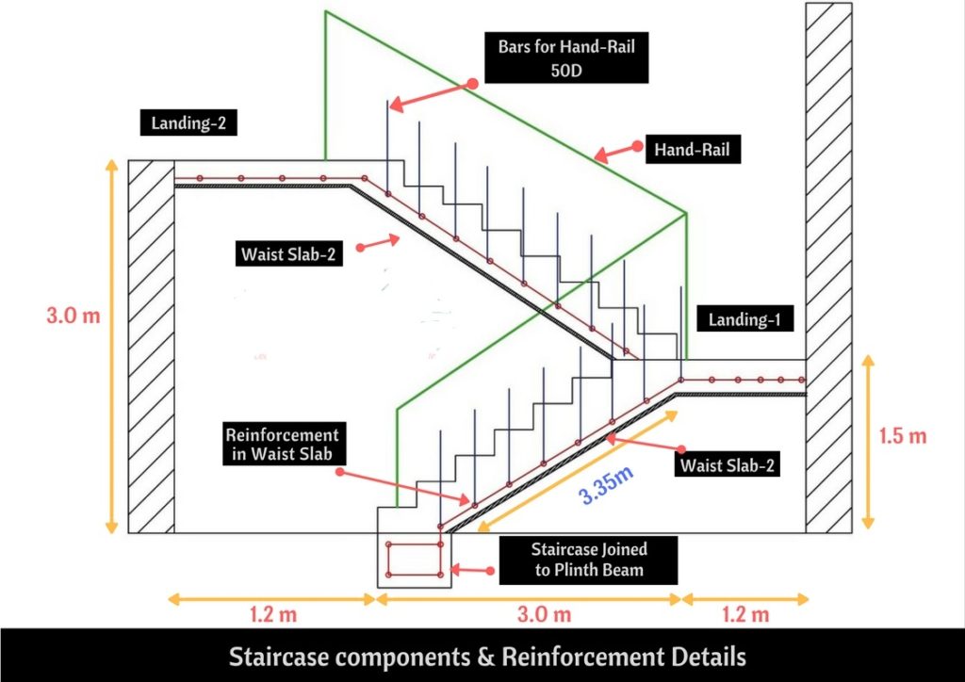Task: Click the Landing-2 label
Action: click(x=188, y=122)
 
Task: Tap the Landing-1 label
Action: click(x=745, y=320)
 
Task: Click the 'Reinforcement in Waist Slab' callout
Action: click(x=281, y=447)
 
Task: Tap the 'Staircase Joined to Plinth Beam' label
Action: click(x=589, y=560)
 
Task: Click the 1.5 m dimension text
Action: click(x=903, y=436)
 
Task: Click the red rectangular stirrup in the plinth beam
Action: click(x=414, y=560)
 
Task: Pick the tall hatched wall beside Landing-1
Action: click(x=829, y=264)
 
